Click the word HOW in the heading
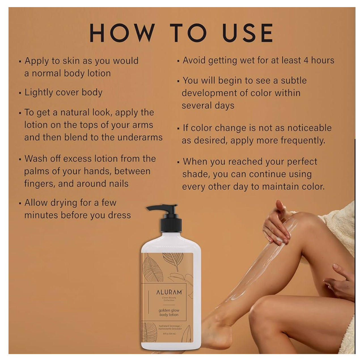click(122, 33)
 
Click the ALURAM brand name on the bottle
click(169, 292)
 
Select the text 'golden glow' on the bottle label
click(169, 310)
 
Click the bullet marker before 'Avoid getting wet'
click(178, 61)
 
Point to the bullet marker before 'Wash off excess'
click(20, 159)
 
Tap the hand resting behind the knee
click(339, 281)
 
